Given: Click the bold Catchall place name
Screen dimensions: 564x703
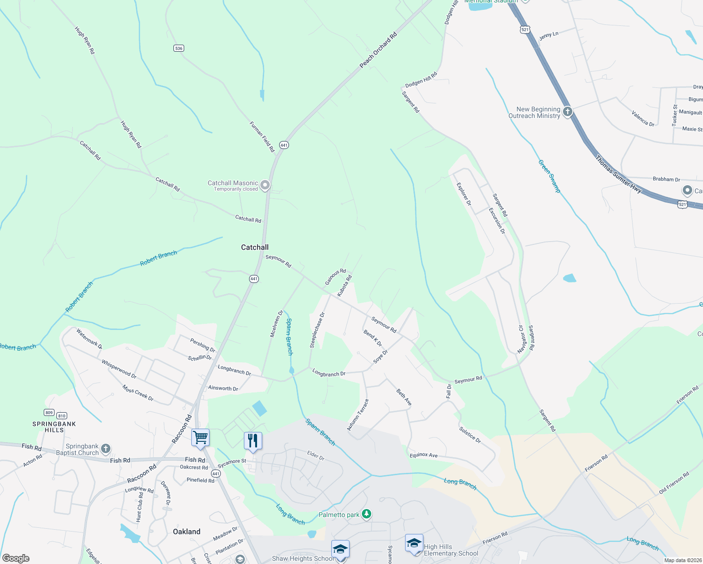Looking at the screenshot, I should (x=255, y=247).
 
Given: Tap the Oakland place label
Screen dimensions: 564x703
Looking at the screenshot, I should (x=187, y=532).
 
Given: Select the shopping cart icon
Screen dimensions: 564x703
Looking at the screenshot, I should (x=200, y=438).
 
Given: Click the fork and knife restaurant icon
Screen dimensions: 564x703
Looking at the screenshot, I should (x=253, y=441).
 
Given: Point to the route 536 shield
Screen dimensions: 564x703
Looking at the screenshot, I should (x=178, y=48).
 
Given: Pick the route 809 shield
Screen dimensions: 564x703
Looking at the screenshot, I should (x=49, y=413).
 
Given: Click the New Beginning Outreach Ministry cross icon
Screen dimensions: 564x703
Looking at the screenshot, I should (x=568, y=112).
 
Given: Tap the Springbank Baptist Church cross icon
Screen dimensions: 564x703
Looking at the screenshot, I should (x=106, y=449).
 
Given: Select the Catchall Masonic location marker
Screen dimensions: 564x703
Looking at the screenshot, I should (x=265, y=185).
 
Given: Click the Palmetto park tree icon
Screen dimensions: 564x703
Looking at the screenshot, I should (x=367, y=515).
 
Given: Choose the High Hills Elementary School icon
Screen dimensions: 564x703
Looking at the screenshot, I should (x=414, y=543).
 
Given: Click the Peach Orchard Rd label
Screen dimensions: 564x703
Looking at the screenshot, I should (x=378, y=50).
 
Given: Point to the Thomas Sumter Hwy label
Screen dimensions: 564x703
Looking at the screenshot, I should (x=618, y=174).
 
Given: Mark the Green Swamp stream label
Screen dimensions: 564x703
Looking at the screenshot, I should (x=549, y=176).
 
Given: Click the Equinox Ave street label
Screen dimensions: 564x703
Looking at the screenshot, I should (x=423, y=455).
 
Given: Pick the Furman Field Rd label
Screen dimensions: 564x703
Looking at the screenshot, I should (x=262, y=137).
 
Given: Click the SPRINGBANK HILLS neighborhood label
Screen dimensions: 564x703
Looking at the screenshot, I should (x=54, y=427).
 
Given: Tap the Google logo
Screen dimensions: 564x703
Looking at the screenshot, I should (x=16, y=558).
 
